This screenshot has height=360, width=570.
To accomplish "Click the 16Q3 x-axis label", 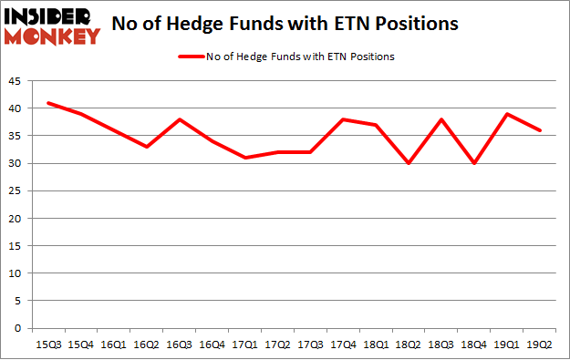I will pyautogui.click(x=179, y=344).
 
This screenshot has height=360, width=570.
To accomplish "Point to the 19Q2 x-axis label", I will pyautogui.click(x=540, y=344).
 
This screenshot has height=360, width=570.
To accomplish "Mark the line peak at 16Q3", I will pyautogui.click(x=179, y=119).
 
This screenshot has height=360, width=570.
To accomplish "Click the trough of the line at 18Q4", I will pyautogui.click(x=473, y=163).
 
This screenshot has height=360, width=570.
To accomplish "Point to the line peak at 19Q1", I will pyautogui.click(x=507, y=114).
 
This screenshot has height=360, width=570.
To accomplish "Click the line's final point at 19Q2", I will pyautogui.click(x=540, y=130).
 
